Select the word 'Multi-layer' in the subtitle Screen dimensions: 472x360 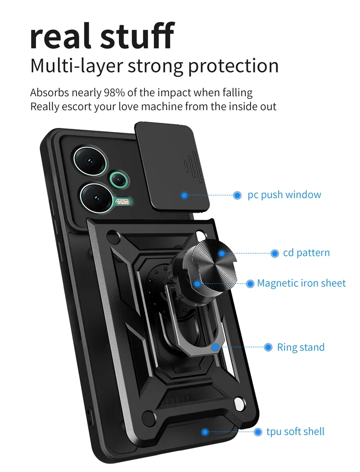point(76,66)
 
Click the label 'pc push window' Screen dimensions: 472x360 point(284,195)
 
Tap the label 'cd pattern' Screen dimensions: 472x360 point(306,253)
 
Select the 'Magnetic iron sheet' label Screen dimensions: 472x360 point(301,283)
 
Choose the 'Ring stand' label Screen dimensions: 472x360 point(301,347)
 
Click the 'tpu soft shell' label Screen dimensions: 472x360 point(295,432)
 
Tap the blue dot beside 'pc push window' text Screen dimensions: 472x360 point(237,195)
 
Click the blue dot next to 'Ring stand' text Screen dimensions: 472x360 point(268,347)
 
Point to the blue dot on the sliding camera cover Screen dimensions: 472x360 point(184,195)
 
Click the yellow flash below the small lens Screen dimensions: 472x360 point(121,202)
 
